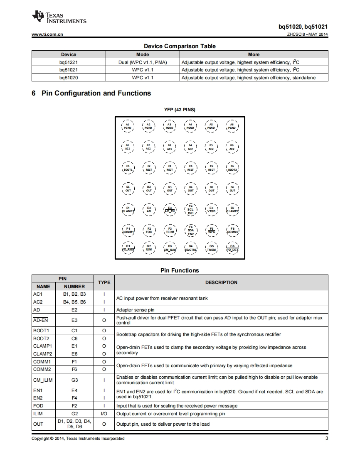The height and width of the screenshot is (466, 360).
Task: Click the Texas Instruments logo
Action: coord(59,17)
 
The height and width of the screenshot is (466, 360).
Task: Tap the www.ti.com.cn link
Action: coord(47,34)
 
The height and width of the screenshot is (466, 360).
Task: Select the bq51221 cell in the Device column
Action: coord(69,62)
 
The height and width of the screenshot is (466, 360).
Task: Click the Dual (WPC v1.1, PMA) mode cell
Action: coord(143,62)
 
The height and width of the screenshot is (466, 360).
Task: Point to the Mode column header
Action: coord(143,54)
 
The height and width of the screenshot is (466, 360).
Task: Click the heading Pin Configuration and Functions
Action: coord(91,93)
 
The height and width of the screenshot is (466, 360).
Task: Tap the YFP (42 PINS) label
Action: coord(180,110)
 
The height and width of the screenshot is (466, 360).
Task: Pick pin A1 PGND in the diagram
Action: coord(128,126)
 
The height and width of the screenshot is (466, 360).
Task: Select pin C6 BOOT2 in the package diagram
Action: coord(232,168)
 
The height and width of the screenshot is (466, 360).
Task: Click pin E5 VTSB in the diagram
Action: coord(211,209)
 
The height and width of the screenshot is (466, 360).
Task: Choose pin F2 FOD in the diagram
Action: coord(149,230)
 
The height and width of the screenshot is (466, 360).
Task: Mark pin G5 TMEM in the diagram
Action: coord(211,248)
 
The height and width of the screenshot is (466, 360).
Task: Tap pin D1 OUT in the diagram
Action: coord(128,189)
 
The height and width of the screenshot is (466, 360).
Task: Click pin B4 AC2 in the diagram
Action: coord(190,147)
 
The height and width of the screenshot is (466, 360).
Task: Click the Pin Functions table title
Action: coord(180,270)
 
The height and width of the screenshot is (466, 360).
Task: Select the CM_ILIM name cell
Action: coord(43,380)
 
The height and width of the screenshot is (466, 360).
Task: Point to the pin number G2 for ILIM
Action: coord(74,414)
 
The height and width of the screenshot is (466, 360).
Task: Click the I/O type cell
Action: coord(104,414)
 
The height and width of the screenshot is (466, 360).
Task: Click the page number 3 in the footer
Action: coord(326,439)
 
